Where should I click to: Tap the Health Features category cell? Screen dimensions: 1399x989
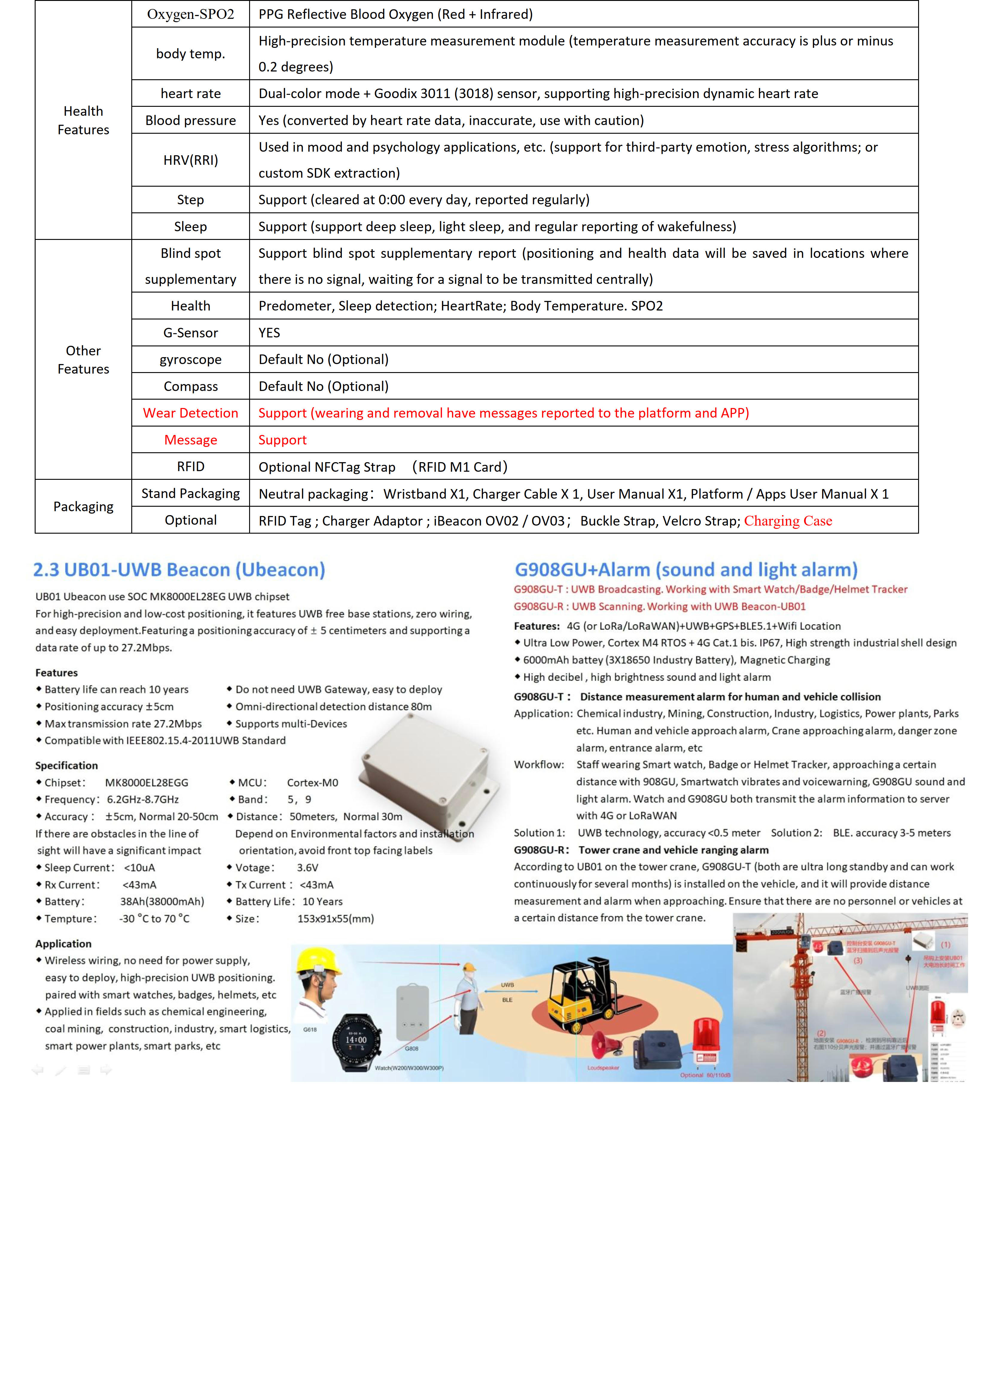(x=83, y=120)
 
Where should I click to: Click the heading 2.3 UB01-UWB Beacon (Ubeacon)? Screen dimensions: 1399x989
(x=179, y=570)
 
